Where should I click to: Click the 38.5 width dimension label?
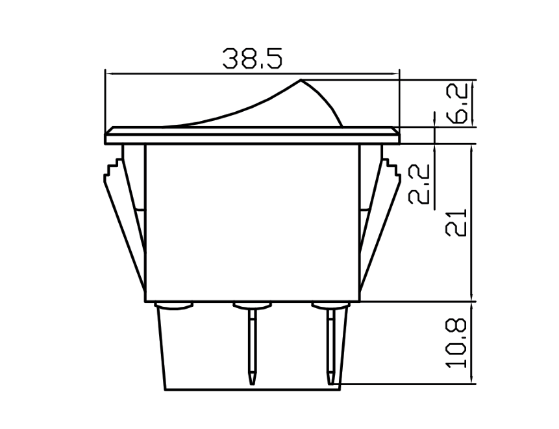(253, 59)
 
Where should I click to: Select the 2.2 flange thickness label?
(420, 185)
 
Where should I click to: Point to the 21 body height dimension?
(458, 223)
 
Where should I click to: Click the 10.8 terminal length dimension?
(458, 343)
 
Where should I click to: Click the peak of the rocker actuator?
(301, 81)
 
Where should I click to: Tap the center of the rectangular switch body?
(252, 223)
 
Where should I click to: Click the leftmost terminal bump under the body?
(174, 305)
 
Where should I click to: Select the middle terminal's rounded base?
(252, 305)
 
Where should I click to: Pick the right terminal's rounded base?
(330, 305)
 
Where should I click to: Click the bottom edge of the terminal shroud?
(252, 390)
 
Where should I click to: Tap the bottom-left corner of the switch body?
(145, 301)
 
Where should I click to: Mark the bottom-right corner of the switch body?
(359, 301)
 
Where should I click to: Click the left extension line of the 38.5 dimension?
(105, 97)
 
